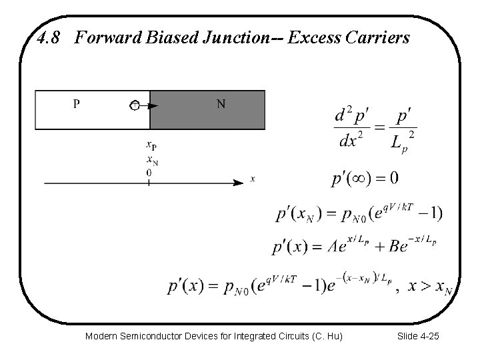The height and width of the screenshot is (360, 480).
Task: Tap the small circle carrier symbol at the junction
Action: click(135, 105)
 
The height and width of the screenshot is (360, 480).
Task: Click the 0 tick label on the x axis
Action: click(149, 172)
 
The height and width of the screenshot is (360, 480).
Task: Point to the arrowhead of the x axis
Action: click(238, 182)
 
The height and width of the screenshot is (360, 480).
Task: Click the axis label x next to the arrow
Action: click(253, 179)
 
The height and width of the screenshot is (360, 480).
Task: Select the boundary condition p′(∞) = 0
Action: click(365, 178)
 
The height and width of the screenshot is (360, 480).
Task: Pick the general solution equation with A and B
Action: click(355, 246)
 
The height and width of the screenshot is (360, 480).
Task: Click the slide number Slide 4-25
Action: click(417, 337)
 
